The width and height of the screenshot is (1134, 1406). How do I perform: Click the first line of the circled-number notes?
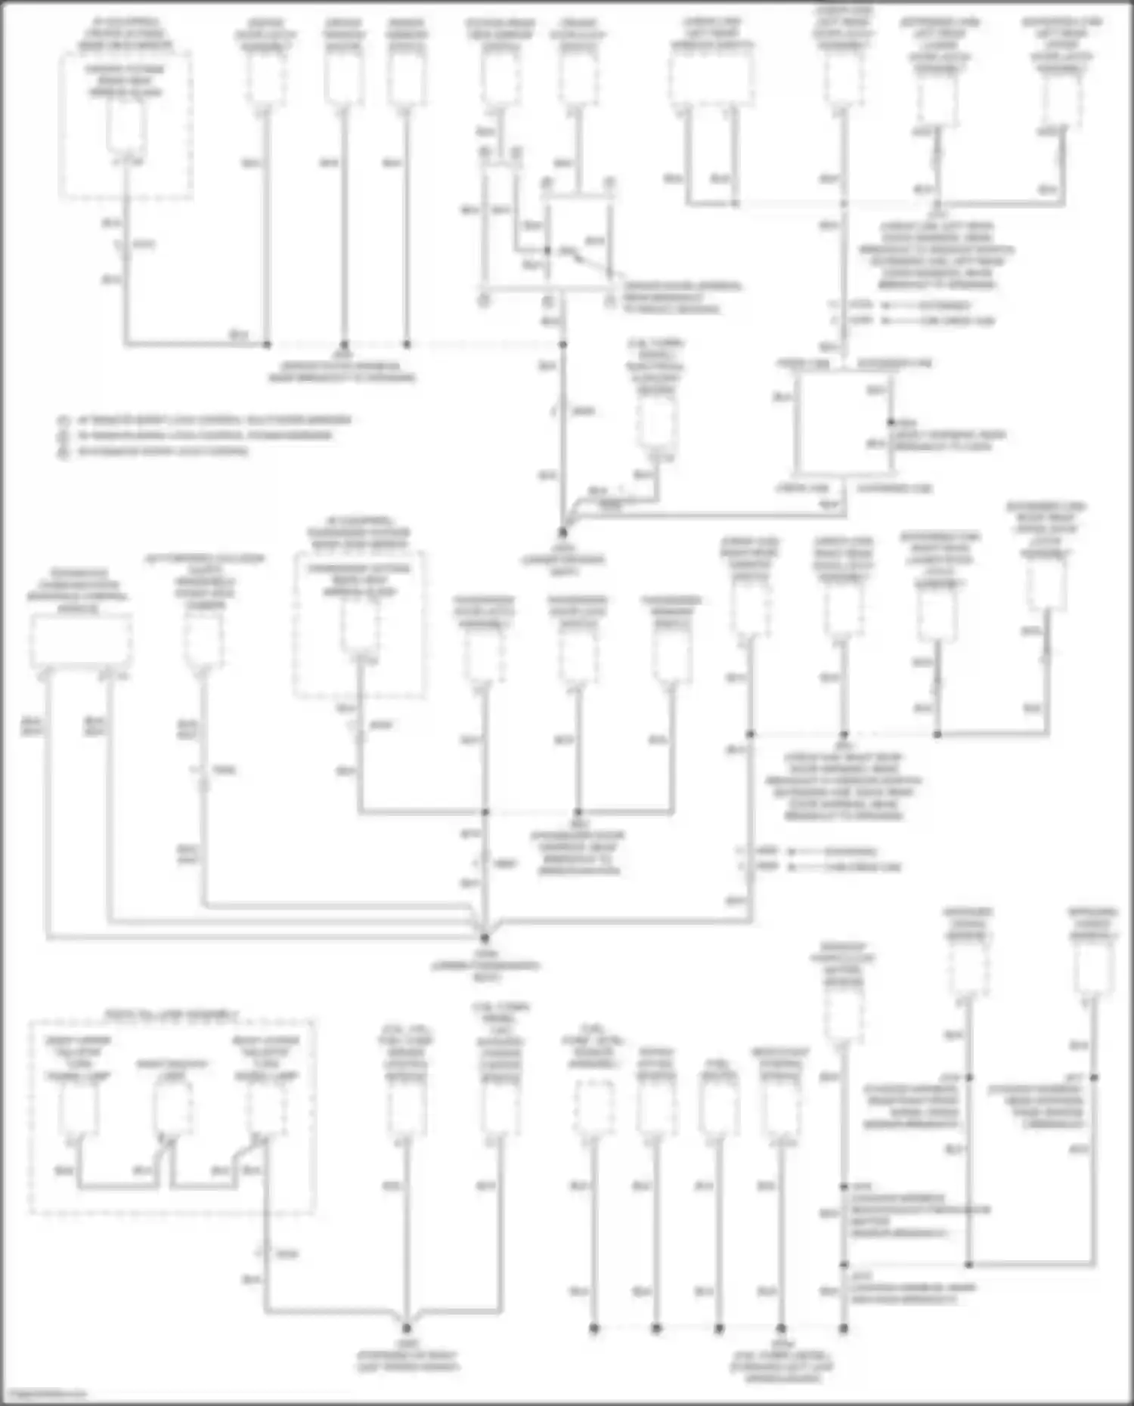pos(204,420)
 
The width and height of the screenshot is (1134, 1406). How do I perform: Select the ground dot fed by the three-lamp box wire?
pos(407,1328)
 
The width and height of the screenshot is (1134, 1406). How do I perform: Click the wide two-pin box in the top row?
pos(711,80)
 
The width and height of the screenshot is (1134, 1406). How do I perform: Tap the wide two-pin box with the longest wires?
pos(80,641)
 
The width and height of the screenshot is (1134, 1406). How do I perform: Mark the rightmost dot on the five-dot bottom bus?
pos(844,1328)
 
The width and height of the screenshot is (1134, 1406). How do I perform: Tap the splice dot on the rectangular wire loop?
pos(891,422)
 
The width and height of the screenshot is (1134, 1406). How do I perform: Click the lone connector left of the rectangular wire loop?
pos(655,424)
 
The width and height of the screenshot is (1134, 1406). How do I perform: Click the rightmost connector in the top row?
pos(1061,99)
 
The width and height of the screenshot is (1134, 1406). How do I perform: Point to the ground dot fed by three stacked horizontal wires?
pos(485,937)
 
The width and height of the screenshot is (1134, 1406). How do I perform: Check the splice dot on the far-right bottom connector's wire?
pos(1094,1078)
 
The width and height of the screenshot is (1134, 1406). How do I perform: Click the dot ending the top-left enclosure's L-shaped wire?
pos(267,345)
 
